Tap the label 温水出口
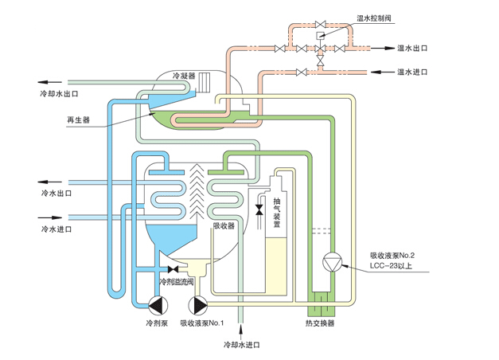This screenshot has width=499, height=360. tap(412, 49)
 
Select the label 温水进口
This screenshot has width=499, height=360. tap(412, 72)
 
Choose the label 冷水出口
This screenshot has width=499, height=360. tap(56, 193)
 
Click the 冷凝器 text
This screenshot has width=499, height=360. tap(185, 76)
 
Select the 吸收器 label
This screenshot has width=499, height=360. tap(224, 225)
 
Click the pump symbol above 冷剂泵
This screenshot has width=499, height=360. tap(158, 306)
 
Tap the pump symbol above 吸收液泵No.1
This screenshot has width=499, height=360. tap(197, 306)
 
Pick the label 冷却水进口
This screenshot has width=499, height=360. tap(242, 345)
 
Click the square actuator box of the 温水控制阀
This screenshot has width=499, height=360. tap(320, 36)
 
